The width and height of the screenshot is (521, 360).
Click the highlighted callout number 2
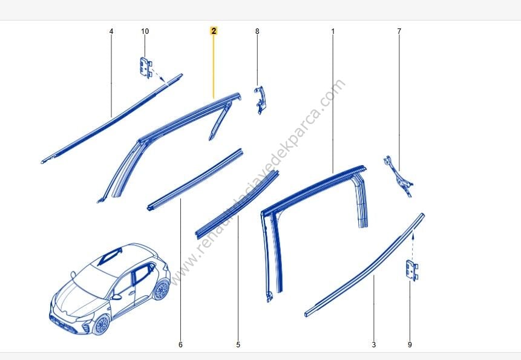214,31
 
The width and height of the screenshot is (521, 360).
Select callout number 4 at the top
111,31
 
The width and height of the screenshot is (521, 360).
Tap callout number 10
145,31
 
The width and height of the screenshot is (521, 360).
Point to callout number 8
257,31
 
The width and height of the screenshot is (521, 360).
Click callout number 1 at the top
333,31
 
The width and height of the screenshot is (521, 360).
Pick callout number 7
399,31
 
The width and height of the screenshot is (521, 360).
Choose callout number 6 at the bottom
180,344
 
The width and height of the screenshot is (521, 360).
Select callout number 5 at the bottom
238,344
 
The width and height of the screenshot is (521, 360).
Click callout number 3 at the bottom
374,344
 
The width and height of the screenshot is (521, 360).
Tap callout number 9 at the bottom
410,344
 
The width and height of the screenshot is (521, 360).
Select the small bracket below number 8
260,100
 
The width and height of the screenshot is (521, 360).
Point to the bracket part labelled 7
399,176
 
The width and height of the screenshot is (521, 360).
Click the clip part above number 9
411,270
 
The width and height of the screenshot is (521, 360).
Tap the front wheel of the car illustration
101,324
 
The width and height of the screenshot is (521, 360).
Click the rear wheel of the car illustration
162,290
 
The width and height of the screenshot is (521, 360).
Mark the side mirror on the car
116,296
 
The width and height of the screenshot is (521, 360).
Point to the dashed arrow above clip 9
412,246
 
